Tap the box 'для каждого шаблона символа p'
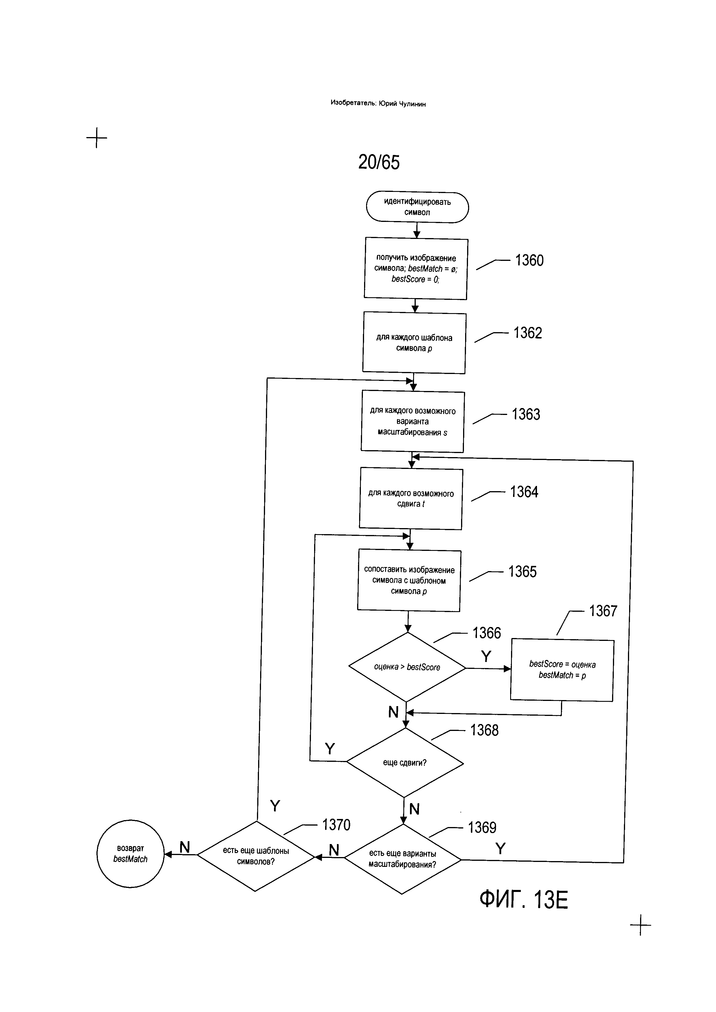pyautogui.click(x=414, y=343)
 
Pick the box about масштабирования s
pyautogui.click(x=413, y=421)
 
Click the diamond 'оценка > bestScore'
pyautogui.click(x=407, y=667)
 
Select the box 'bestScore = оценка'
pyautogui.click(x=562, y=670)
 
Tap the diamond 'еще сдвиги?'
pyautogui.click(x=405, y=762)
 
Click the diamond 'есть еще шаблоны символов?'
pyautogui.click(x=256, y=856)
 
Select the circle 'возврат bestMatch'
pyautogui.click(x=130, y=854)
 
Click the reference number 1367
pyautogui.click(x=603, y=611)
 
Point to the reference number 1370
pyautogui.click(x=336, y=825)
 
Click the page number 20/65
pyautogui.click(x=379, y=162)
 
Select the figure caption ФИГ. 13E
pyautogui.click(x=524, y=912)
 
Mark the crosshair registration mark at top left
pyautogui.click(x=96, y=138)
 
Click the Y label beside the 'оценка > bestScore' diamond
pyautogui.click(x=486, y=656)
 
